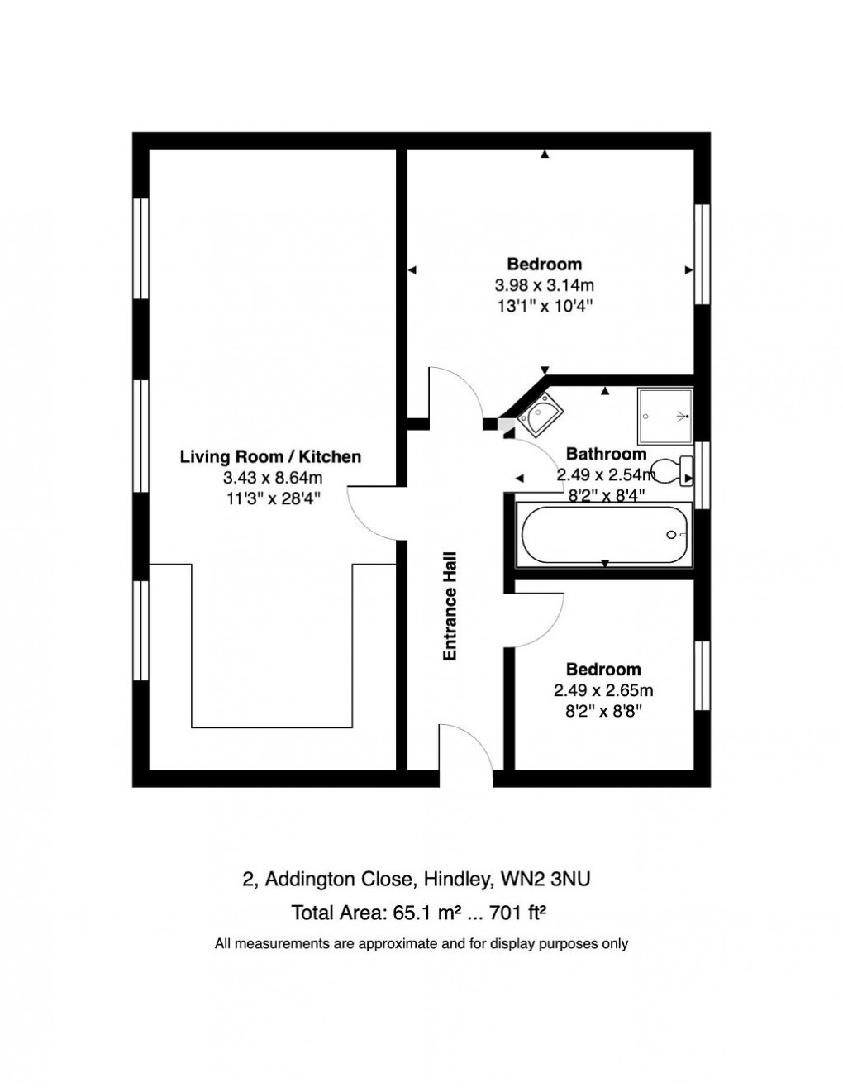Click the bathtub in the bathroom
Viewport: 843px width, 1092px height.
point(603,535)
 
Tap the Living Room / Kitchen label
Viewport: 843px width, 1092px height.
point(270,456)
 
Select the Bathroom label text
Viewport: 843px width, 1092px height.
point(606,454)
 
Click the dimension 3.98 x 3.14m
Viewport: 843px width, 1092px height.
point(544,286)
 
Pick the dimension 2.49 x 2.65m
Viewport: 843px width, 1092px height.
point(602,690)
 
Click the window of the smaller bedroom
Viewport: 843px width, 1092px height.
point(702,675)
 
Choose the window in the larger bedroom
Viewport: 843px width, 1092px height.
point(702,254)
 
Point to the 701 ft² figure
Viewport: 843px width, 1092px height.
point(520,913)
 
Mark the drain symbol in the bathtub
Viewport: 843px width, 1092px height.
point(673,535)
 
